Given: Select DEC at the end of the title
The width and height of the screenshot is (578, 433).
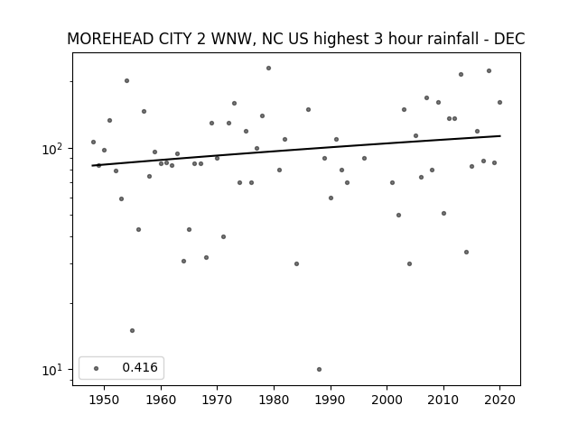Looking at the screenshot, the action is (x=509, y=39).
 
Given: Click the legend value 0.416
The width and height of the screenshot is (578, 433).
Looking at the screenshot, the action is (x=140, y=367).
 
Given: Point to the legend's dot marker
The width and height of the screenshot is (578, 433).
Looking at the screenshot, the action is (x=97, y=368).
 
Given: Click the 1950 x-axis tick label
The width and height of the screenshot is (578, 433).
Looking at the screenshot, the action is (x=105, y=400).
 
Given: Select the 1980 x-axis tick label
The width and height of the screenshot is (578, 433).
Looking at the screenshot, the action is (x=274, y=400).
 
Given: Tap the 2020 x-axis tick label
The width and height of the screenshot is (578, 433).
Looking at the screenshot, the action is (x=499, y=400).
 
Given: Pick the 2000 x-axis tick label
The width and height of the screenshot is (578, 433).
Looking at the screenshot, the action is (x=387, y=400).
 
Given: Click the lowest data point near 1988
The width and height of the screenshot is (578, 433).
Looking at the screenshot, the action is (x=319, y=369).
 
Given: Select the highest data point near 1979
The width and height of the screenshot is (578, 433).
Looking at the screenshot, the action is (x=269, y=69).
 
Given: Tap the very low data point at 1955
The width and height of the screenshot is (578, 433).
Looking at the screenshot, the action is (x=133, y=331).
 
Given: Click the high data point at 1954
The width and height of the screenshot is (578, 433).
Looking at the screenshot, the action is (x=126, y=80).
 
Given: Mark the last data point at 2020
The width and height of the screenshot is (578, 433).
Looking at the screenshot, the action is (x=499, y=102).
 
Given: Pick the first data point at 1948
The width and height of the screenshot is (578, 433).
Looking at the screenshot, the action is (x=93, y=143).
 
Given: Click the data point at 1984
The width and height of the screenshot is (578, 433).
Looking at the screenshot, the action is (x=297, y=263).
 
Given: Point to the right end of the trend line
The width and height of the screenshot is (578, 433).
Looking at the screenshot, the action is (x=500, y=136).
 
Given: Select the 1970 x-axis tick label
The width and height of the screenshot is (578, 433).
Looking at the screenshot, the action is (x=217, y=400).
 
